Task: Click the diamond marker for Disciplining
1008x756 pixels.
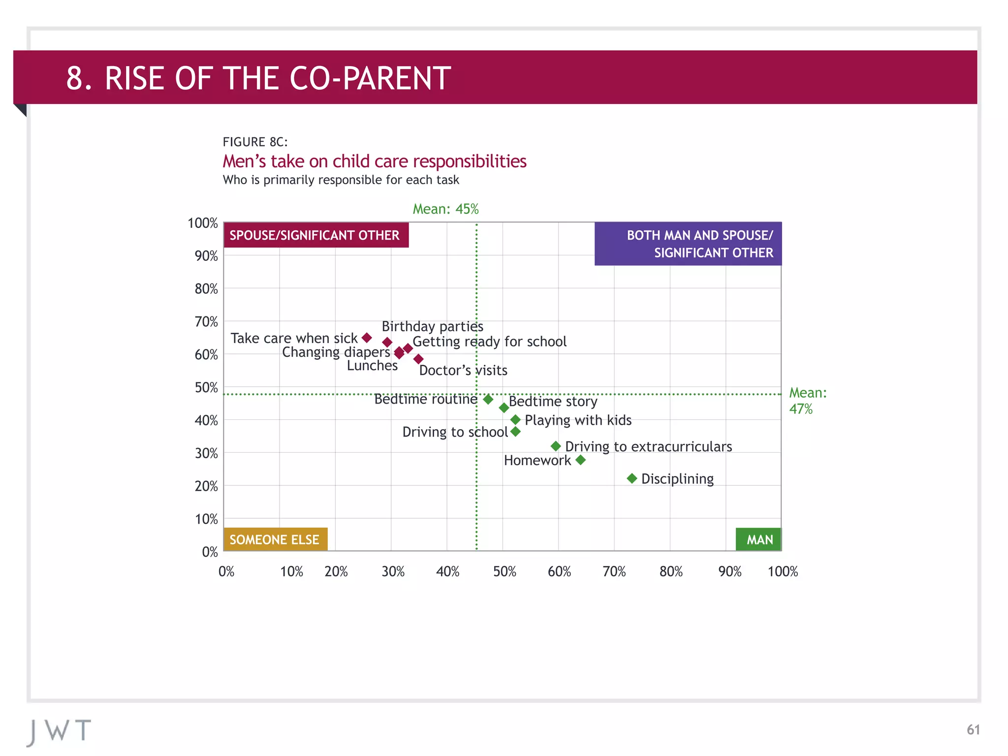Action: (632, 478)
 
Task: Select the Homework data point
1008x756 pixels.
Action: (580, 460)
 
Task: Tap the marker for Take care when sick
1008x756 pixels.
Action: (367, 338)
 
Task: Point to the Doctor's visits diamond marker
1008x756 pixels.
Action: (418, 359)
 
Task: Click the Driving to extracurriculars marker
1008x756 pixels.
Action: (556, 446)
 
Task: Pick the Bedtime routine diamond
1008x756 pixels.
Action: (488, 399)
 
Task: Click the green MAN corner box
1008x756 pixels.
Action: (758, 539)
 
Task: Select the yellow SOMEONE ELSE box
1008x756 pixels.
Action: (275, 539)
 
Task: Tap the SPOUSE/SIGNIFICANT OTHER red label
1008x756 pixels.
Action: (315, 235)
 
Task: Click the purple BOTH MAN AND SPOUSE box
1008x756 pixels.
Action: (688, 244)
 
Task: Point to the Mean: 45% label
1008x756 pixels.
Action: (445, 209)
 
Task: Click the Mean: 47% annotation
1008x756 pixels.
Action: (807, 401)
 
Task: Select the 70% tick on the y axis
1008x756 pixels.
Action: (206, 322)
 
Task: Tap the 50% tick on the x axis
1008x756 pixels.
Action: (504, 571)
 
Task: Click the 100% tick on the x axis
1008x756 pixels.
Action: (783, 571)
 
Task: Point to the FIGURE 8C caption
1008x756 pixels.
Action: (255, 142)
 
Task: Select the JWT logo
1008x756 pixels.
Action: (59, 731)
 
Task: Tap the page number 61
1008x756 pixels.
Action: (973, 729)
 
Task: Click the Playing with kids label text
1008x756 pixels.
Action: (578, 420)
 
